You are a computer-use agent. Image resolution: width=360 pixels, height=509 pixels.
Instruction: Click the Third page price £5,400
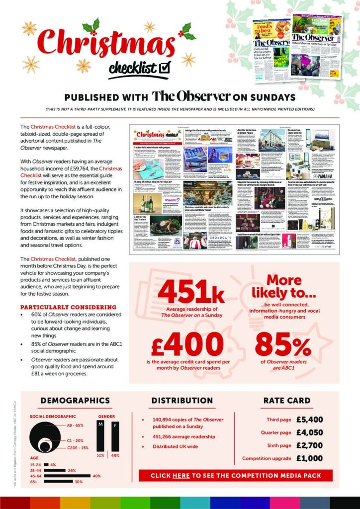(x=309, y=420)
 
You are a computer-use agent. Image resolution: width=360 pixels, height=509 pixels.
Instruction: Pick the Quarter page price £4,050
(x=309, y=432)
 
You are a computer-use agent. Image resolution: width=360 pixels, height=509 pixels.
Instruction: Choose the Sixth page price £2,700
(x=309, y=445)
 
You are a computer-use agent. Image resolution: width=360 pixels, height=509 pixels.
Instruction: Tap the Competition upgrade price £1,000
(x=309, y=458)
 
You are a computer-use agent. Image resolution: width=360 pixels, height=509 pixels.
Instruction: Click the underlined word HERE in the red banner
(x=181, y=476)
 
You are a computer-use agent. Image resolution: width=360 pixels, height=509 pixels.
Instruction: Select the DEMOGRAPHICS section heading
(x=75, y=401)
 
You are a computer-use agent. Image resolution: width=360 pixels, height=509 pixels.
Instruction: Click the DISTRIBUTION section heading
(x=182, y=401)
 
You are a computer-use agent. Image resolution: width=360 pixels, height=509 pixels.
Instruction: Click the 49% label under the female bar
(x=115, y=455)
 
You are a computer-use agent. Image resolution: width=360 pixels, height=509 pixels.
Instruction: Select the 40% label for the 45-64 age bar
(x=97, y=476)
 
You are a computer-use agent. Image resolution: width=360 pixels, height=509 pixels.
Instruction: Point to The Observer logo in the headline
(x=191, y=96)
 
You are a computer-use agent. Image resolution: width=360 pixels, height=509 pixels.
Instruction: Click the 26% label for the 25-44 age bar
(x=72, y=470)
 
